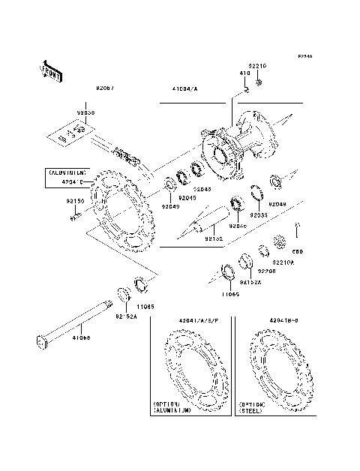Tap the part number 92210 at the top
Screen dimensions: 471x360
click(x=258, y=66)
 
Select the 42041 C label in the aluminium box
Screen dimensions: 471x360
click(x=69, y=181)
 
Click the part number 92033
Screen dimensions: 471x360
click(x=259, y=214)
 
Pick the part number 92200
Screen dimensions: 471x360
click(x=267, y=271)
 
